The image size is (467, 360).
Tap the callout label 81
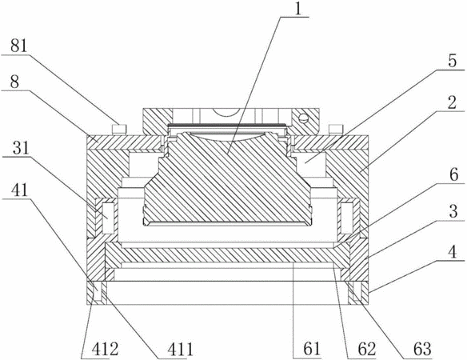18,46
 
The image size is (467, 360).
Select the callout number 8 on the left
14,82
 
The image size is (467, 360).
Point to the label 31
21,148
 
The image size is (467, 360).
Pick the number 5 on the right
452,61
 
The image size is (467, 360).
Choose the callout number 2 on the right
452,102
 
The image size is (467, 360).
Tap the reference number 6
453,175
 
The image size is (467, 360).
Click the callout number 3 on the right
453,211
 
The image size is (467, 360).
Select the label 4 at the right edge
453,252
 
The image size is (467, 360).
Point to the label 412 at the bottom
105,349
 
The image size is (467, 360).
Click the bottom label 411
180,349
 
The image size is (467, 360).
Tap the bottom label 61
312,349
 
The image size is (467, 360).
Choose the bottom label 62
366,349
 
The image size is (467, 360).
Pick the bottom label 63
422,349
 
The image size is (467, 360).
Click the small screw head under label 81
119,130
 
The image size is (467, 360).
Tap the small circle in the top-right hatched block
303,118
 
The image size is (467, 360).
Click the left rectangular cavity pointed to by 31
108,218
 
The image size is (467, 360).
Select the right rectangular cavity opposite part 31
347,218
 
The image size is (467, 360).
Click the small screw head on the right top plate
336,130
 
